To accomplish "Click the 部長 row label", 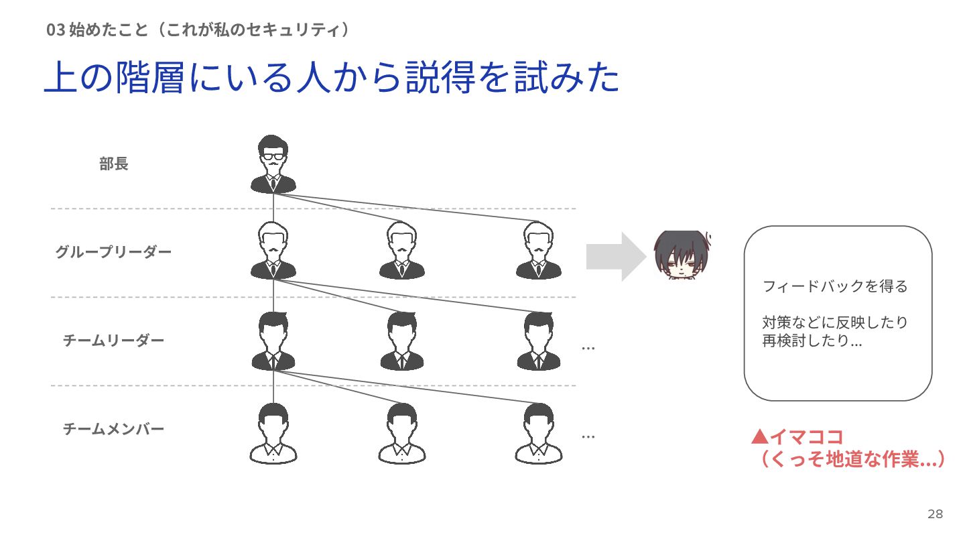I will pos(114,164).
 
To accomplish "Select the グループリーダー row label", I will pos(113,252).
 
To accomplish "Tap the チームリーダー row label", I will pos(113,341).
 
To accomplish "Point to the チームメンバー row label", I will pos(113,428).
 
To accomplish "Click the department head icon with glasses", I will pos(273,164).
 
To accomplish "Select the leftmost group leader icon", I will pos(273,251).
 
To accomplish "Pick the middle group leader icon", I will pos(402,251).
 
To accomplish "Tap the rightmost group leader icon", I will pos(539,251).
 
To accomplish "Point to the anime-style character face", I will pos(682,255).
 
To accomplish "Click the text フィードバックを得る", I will pos(835,287).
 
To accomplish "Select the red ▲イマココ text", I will pos(797,437).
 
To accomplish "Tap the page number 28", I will pos(935,514).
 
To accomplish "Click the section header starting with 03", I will pos(198,29).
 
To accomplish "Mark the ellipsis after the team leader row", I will pos(588,348).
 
